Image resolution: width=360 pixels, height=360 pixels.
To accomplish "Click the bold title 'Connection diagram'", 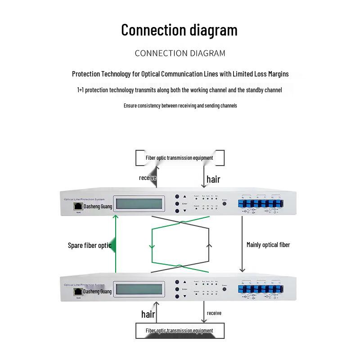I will pos(179,30).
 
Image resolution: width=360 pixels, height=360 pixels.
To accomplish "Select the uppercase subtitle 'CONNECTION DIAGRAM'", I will pos(180,53).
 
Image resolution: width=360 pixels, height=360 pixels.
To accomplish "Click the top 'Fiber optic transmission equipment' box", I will pos(179,158).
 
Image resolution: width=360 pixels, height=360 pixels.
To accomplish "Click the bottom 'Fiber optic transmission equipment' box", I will pos(179,330).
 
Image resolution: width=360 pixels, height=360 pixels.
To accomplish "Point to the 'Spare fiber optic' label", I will pos(90,245).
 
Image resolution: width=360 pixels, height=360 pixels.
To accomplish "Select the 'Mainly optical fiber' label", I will pos(268,245).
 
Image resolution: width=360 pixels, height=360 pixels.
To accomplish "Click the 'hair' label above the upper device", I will pos(213,179).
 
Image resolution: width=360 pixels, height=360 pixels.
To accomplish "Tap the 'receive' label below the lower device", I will pos(214,313).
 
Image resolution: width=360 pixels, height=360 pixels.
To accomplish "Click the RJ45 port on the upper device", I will pos(78,206).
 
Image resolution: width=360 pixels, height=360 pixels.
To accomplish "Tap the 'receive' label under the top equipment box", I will pos(148,178).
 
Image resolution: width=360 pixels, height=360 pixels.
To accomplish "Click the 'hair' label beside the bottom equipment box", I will pos(148,314).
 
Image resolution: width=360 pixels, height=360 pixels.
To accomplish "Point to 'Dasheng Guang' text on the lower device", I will pos(97,292).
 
